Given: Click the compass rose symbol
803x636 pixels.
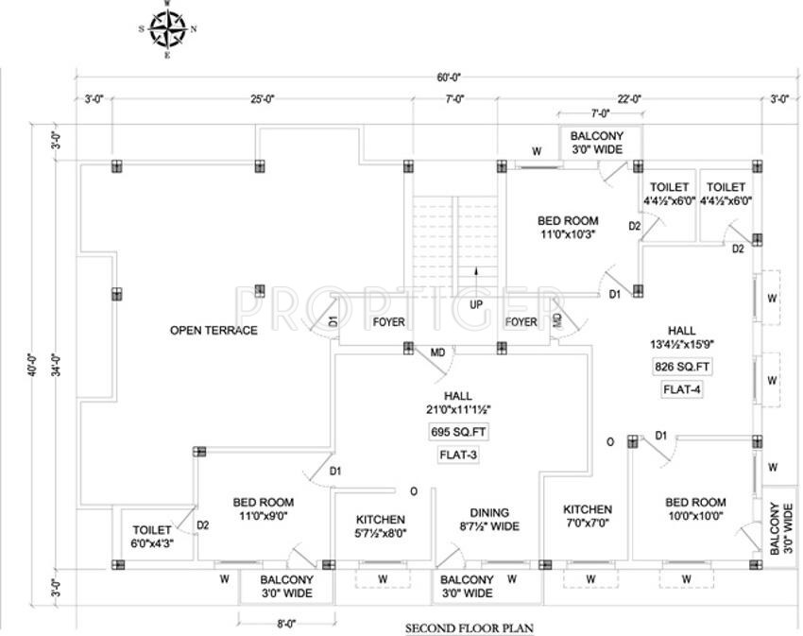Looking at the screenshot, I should (167, 28).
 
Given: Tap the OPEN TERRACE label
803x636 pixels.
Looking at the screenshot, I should (214, 330).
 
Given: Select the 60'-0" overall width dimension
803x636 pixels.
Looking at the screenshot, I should (450, 77).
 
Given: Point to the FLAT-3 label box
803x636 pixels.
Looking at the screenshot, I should (459, 455).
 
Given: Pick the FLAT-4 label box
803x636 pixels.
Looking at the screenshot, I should (681, 388).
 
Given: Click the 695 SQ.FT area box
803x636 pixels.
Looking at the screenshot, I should (459, 432).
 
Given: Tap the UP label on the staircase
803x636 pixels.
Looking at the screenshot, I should (476, 304).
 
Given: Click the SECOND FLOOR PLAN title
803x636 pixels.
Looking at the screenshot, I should (473, 627).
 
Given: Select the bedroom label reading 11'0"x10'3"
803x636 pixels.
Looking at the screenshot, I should (568, 228).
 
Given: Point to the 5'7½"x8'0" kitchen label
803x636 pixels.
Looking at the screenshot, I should (381, 526).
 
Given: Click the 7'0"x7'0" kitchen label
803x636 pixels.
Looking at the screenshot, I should (588, 516).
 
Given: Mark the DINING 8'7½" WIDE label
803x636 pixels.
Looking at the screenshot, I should (487, 520).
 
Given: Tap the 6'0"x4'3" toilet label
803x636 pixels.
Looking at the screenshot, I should (152, 537).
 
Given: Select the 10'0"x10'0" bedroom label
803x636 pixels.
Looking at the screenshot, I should (695, 509).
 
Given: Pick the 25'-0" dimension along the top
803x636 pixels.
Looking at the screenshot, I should (262, 98).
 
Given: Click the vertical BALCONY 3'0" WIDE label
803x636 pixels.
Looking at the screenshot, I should (780, 529).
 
